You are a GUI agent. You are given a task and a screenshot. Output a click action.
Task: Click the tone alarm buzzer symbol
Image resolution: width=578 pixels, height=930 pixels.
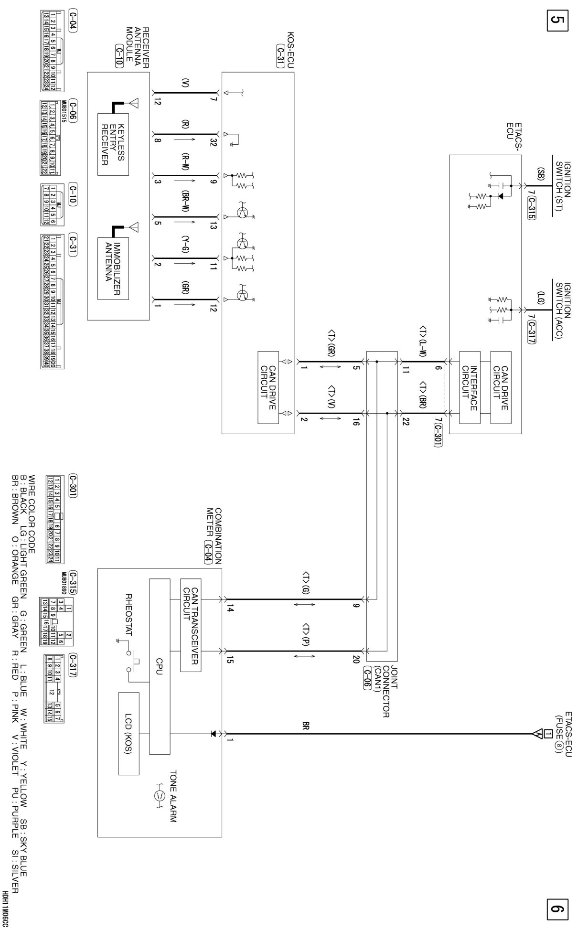pos(159,796)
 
